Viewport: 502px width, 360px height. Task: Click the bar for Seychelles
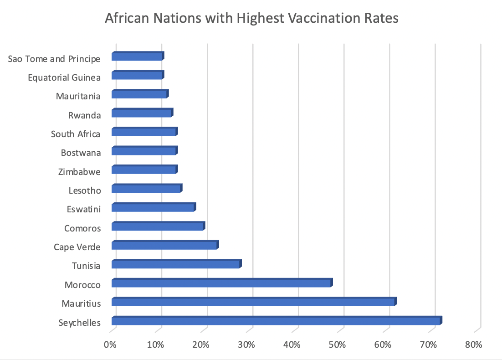click(x=276, y=321)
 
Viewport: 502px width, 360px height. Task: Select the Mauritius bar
click(x=253, y=302)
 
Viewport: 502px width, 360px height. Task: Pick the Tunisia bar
click(x=176, y=264)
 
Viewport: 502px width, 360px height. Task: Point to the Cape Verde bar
click(x=164, y=245)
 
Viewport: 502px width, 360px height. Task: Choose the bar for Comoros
click(x=158, y=226)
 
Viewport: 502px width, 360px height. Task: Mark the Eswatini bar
click(x=153, y=207)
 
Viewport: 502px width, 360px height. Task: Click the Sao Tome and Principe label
click(x=54, y=59)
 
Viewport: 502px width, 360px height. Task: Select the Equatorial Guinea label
click(x=64, y=77)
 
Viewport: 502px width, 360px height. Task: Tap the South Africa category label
click(x=75, y=134)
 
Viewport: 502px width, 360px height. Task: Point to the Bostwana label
click(x=81, y=153)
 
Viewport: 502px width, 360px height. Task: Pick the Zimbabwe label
click(x=79, y=172)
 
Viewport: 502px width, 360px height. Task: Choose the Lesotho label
click(x=84, y=190)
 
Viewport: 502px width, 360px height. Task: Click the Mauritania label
click(x=78, y=96)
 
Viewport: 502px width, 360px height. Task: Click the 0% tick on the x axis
click(x=111, y=345)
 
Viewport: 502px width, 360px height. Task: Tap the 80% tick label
click(x=474, y=345)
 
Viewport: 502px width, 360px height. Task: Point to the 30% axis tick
click(x=246, y=345)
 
